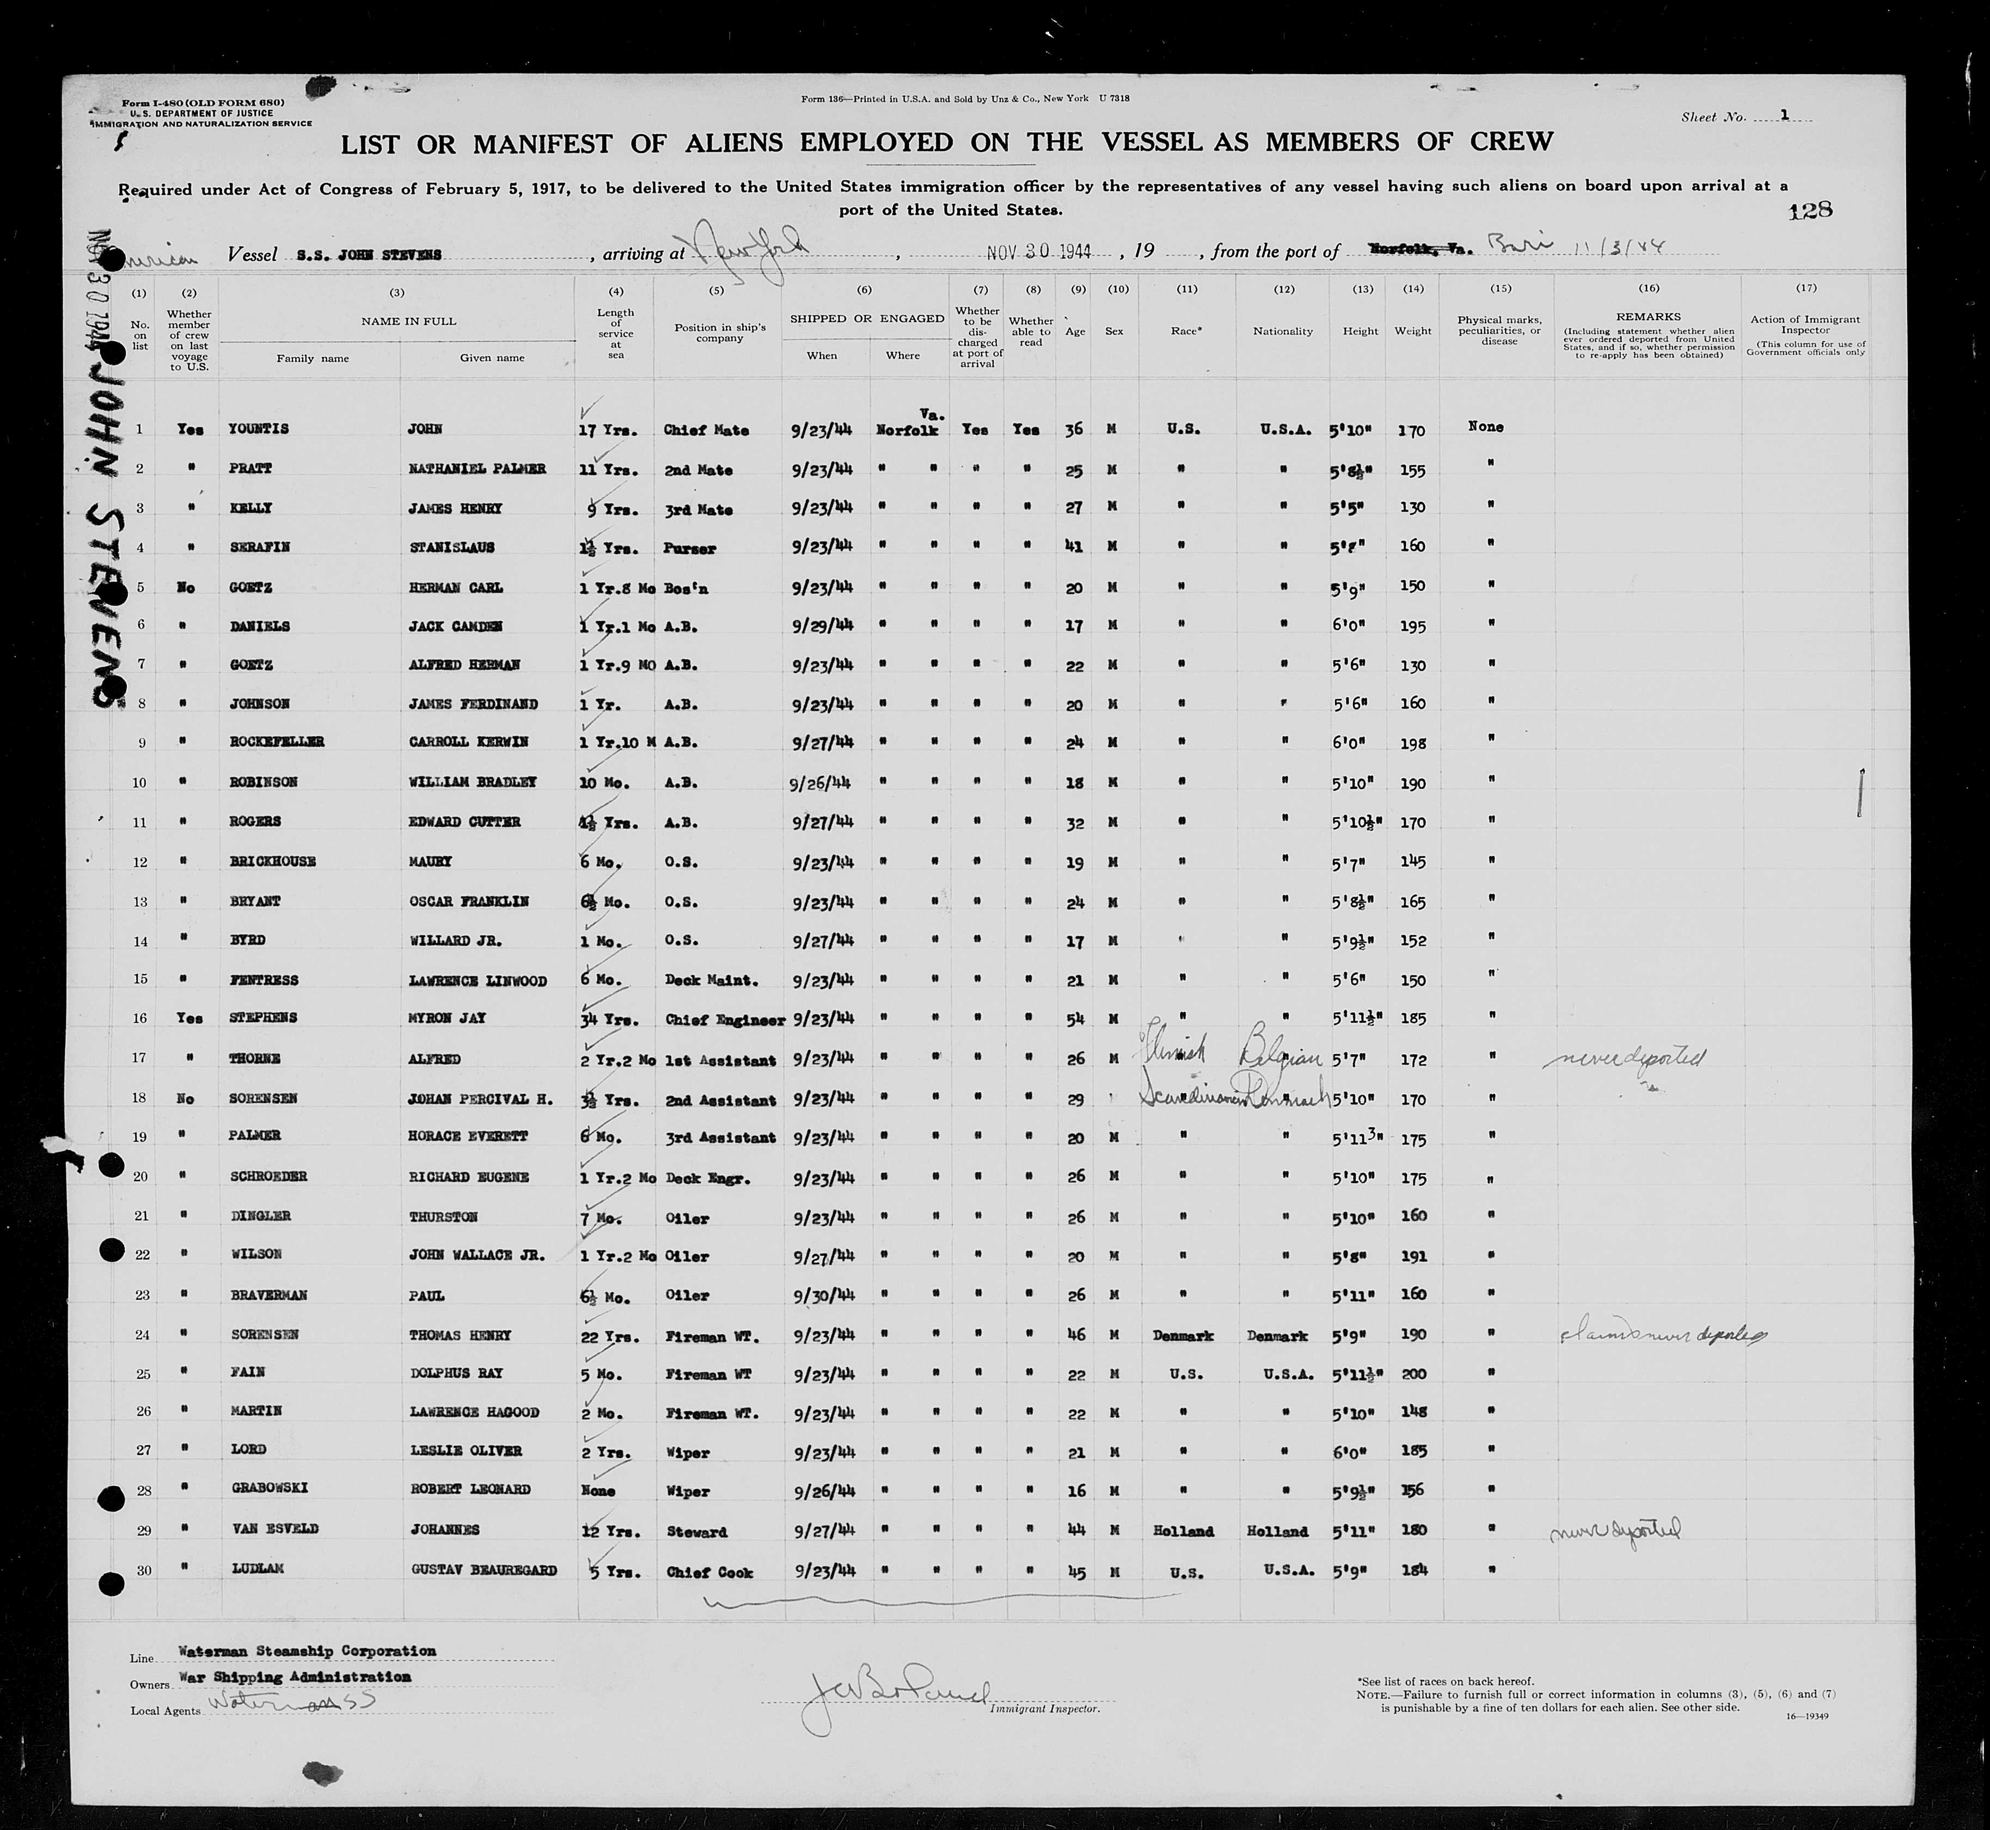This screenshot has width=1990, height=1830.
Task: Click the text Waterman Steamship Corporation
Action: [x=307, y=1651]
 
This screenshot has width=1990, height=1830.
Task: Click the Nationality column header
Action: [x=1283, y=331]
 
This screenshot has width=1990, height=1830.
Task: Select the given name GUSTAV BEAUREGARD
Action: [x=483, y=1570]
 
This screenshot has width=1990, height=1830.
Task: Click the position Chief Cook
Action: [x=709, y=1571]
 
